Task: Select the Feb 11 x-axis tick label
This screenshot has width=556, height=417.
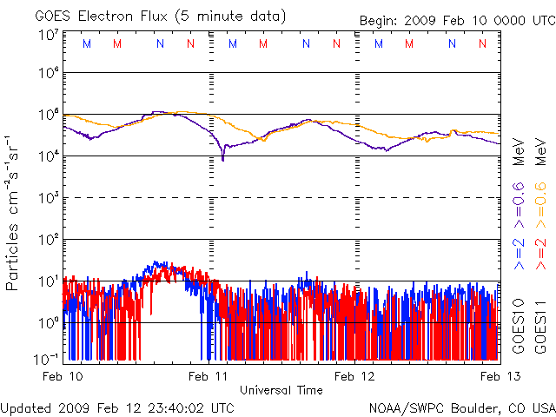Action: [x=209, y=376]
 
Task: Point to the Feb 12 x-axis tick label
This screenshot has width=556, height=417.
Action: [x=356, y=376]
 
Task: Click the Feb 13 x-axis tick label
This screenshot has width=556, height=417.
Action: [x=498, y=376]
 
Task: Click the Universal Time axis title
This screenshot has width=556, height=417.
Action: [x=281, y=390]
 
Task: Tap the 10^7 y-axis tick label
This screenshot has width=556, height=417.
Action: [x=48, y=35]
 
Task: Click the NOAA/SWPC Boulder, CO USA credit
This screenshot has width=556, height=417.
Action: [x=461, y=407]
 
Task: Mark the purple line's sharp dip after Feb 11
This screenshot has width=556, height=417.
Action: [x=223, y=159]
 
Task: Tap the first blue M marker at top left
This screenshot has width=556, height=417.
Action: [x=85, y=43]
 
